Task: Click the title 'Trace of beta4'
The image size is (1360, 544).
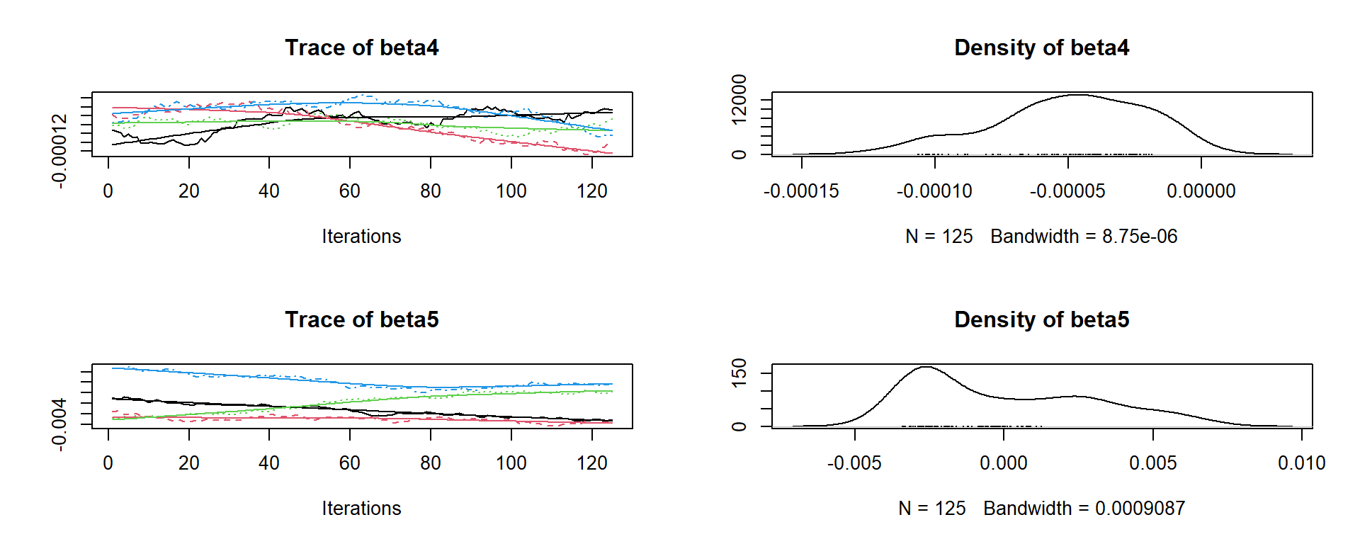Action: pyautogui.click(x=361, y=47)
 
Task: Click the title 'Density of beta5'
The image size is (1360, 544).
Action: pyautogui.click(x=1041, y=319)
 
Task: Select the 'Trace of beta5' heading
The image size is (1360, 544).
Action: pyautogui.click(x=361, y=319)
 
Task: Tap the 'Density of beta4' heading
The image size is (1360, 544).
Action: pyautogui.click(x=1041, y=47)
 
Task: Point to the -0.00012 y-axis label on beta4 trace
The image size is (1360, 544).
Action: pyautogui.click(x=59, y=150)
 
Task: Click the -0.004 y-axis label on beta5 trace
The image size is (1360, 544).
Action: pyautogui.click(x=59, y=424)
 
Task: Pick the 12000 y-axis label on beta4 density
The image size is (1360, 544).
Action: pyautogui.click(x=739, y=99)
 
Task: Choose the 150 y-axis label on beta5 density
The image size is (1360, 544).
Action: pyautogui.click(x=739, y=373)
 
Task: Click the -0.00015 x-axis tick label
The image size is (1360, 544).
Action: pyautogui.click(x=801, y=191)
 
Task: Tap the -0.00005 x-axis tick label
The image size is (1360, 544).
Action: pyautogui.click(x=1067, y=191)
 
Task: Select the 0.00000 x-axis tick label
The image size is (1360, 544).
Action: pyautogui.click(x=1201, y=191)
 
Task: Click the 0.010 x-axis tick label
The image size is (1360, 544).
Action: pyautogui.click(x=1302, y=463)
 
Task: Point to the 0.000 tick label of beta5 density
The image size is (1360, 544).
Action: pyautogui.click(x=1004, y=463)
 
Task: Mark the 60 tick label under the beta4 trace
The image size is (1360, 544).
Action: pyautogui.click(x=350, y=191)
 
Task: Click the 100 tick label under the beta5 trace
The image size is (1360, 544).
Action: pyautogui.click(x=511, y=463)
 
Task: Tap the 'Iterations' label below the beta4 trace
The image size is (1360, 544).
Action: pyautogui.click(x=361, y=237)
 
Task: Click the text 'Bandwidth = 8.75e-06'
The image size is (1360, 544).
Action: pyautogui.click(x=1084, y=237)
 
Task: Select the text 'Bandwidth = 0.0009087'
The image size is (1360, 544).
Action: pyautogui.click(x=1084, y=509)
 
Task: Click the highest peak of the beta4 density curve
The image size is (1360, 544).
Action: pyautogui.click(x=1077, y=94)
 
